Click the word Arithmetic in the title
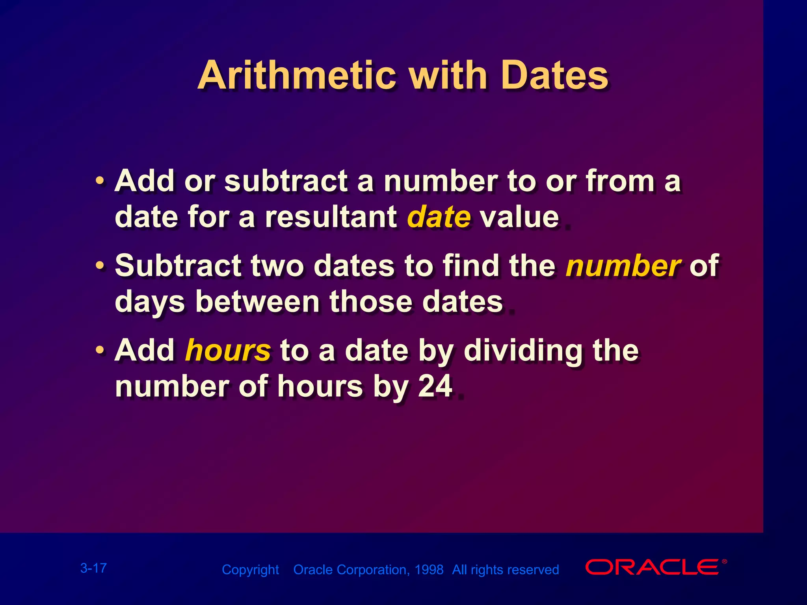click(296, 76)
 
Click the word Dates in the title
click(554, 76)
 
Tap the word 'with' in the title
click(448, 76)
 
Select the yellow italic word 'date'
click(439, 217)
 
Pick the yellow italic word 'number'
click(623, 266)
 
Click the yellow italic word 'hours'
click(228, 350)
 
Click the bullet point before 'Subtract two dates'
click(100, 266)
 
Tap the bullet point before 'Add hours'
click(100, 350)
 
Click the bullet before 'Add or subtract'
click(100, 182)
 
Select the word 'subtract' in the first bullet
click(286, 182)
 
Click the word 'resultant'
click(331, 217)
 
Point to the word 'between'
click(257, 302)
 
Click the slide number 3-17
click(93, 568)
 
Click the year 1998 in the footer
click(429, 570)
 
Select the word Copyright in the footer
click(250, 570)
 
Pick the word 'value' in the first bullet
click(519, 217)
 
